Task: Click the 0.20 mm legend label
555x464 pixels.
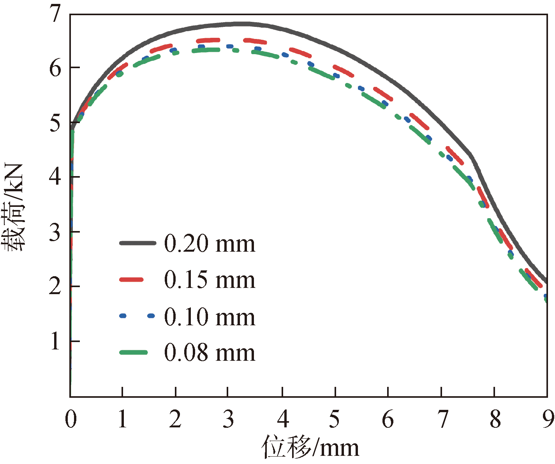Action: (x=210, y=244)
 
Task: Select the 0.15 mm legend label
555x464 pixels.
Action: (x=210, y=280)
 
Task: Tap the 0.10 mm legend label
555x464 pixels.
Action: (x=210, y=317)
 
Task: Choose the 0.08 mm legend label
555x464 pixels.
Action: (x=210, y=353)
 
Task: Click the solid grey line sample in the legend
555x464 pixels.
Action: (x=137, y=243)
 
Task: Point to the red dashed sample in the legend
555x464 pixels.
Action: (x=132, y=279)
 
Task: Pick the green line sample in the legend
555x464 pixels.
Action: (x=134, y=353)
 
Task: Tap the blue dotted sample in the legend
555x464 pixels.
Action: (x=137, y=316)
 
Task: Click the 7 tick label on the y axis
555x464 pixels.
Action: (x=56, y=14)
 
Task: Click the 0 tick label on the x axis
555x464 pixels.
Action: (x=71, y=419)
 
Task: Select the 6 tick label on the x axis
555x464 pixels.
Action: (x=388, y=419)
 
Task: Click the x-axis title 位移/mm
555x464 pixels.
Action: (x=310, y=447)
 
